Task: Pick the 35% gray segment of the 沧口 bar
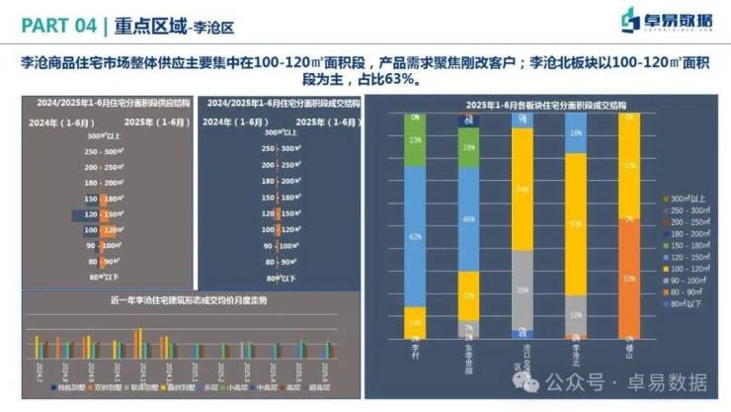[521, 289]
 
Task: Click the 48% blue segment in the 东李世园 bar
[467, 219]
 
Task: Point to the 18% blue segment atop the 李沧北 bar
[575, 132]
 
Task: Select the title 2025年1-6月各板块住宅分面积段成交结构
[535, 103]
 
